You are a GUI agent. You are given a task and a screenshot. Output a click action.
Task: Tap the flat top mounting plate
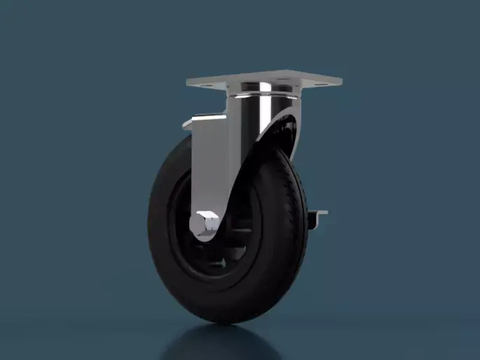(x=264, y=81)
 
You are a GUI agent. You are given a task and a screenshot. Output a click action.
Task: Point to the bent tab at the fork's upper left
(x=190, y=126)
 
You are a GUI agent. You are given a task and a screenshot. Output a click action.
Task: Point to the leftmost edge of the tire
(x=149, y=231)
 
